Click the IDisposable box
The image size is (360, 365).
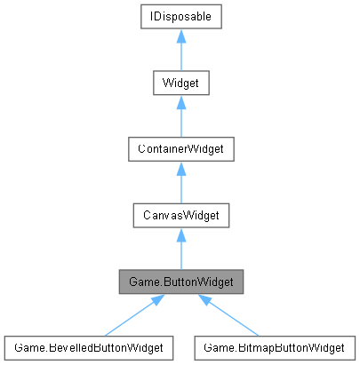180,16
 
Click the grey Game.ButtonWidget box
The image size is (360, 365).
180,282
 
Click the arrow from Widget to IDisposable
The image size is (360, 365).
180,52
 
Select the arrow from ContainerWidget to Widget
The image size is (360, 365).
180,118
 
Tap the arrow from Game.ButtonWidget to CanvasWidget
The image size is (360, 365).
180,251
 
